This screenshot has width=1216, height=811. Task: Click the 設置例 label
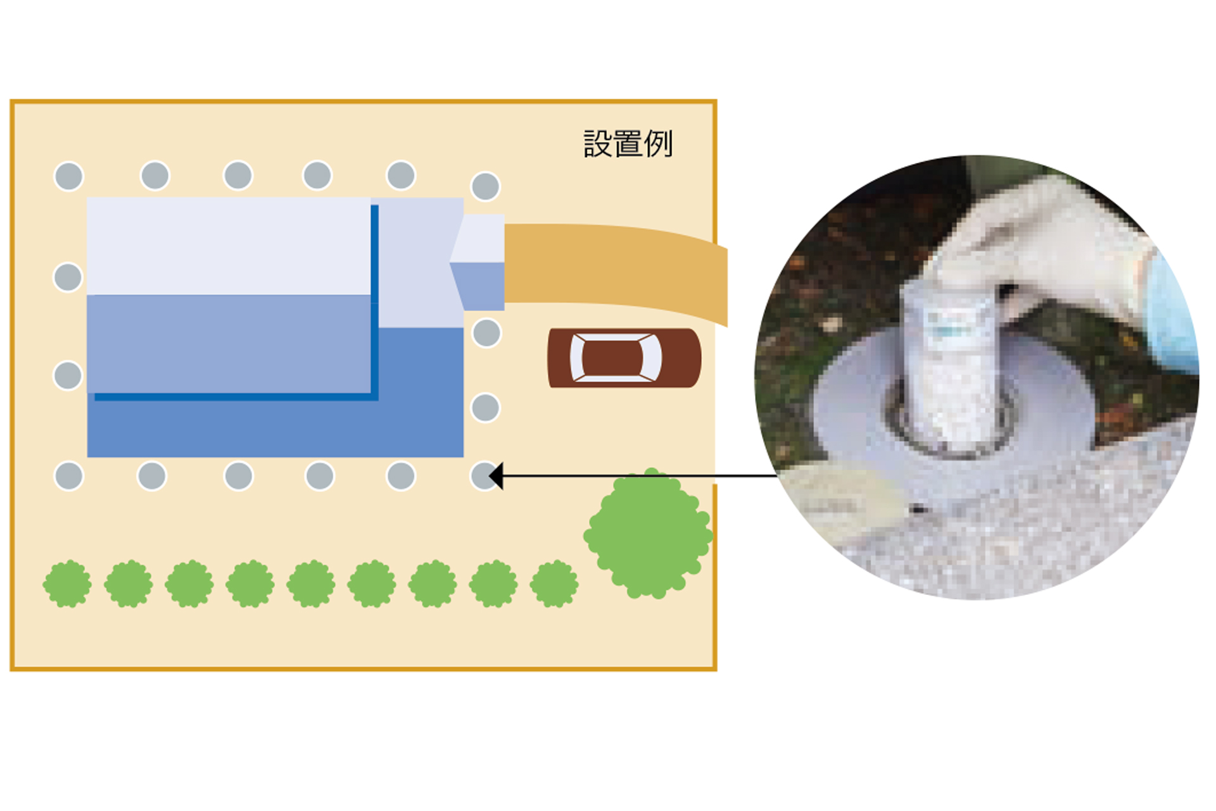[x=628, y=144]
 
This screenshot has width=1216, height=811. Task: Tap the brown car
[x=624, y=358]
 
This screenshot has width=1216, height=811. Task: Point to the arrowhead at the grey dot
[x=497, y=476]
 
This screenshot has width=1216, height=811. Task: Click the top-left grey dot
[x=68, y=176]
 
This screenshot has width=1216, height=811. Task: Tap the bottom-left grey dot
[x=68, y=476]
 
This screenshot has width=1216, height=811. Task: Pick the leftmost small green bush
[x=67, y=584]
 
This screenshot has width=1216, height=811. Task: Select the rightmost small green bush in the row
[x=554, y=584]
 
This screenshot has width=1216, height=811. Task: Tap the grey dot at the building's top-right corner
[x=486, y=186]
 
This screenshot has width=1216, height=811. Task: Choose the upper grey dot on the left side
[x=68, y=277]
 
